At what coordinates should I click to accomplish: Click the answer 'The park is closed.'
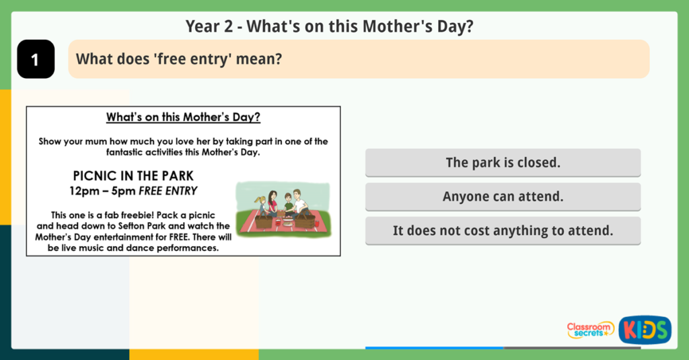[x=503, y=163]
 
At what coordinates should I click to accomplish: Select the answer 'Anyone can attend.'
[x=503, y=196]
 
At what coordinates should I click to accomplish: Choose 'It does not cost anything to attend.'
[x=503, y=231]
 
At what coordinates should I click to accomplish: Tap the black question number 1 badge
[x=36, y=59]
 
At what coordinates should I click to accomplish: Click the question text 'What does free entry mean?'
[x=178, y=59]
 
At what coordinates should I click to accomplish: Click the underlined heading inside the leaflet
[x=183, y=118]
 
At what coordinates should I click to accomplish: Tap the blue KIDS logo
[x=645, y=330]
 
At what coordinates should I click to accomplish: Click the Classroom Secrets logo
[x=590, y=330]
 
